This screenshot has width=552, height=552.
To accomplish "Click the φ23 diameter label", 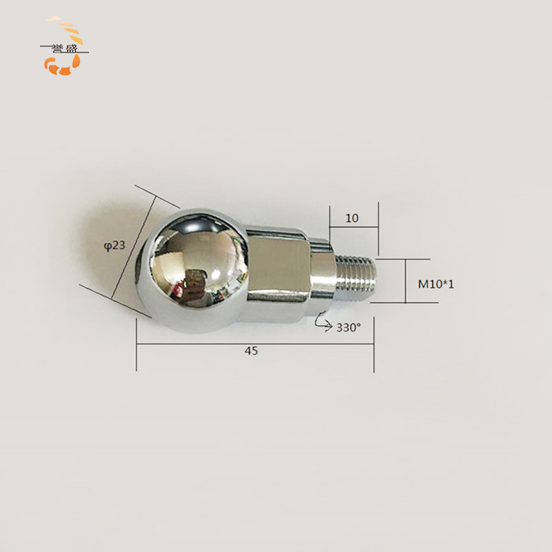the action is (115, 245).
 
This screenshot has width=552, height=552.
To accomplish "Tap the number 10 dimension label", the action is (352, 218).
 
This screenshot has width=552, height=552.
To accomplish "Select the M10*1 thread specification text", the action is (436, 284).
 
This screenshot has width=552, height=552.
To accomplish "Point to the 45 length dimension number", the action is (251, 351).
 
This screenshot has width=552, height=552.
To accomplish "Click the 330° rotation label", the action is (348, 327).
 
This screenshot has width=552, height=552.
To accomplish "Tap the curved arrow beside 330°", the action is (323, 322).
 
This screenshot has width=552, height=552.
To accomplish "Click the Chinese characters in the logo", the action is (64, 48).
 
